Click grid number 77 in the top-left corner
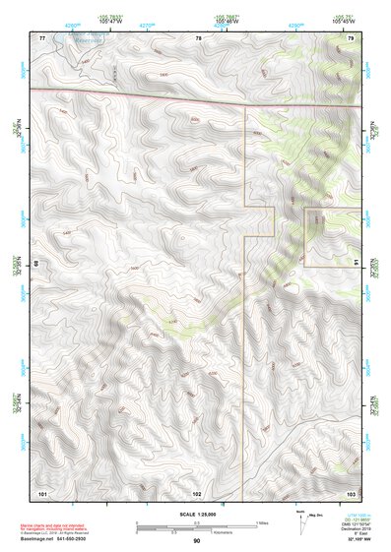coord(42,37)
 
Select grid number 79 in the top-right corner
coord(351,37)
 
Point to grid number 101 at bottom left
coord(42,491)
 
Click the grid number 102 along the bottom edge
coord(197,491)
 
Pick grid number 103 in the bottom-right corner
coord(351,491)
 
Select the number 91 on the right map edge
coord(356,262)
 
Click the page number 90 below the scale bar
coord(197,541)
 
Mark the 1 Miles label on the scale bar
coord(262,521)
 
